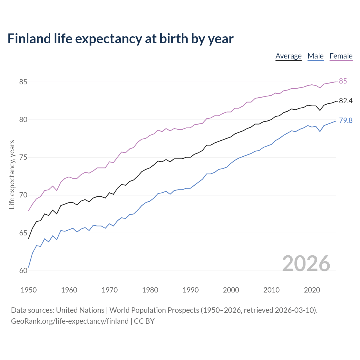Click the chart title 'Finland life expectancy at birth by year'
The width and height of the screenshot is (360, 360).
click(120, 39)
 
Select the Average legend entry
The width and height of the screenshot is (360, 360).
click(288, 56)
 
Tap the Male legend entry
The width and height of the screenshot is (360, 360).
click(315, 56)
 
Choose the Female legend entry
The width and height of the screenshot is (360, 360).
click(341, 56)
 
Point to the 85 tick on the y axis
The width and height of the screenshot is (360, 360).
click(23, 82)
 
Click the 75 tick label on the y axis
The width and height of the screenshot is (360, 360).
click(23, 157)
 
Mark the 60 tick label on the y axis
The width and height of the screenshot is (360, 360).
click(23, 271)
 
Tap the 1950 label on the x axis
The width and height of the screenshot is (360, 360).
click(29, 290)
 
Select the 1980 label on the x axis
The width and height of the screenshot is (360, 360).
click(150, 290)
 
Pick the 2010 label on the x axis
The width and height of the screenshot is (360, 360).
click(271, 290)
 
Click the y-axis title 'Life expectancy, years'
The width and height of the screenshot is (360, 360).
click(12, 175)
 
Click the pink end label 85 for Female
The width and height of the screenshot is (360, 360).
click(343, 81)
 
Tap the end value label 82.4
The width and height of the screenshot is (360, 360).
click(346, 101)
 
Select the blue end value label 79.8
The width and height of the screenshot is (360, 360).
click(346, 121)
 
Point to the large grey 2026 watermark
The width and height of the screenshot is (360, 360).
click(306, 264)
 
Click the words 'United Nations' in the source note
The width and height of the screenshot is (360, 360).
click(80, 310)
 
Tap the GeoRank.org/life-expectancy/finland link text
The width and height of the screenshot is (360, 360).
click(70, 321)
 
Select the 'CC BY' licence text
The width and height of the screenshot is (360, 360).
click(144, 321)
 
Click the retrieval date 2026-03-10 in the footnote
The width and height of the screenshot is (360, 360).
click(295, 310)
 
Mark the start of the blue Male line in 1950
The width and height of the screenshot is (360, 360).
click(29, 267)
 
